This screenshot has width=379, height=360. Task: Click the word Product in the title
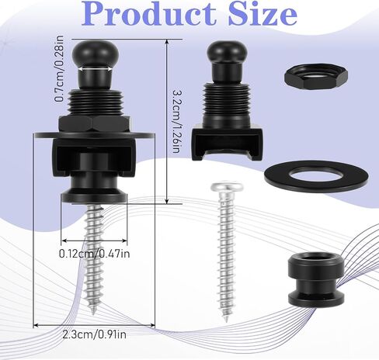[149, 13]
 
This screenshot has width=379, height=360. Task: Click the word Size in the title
[263, 13]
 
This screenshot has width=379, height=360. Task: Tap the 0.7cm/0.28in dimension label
[59, 68]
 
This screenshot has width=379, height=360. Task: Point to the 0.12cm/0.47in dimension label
[95, 254]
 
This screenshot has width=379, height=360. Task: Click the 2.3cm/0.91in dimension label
[95, 334]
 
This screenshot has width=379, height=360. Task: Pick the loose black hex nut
[316, 77]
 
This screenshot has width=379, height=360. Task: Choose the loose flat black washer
[316, 177]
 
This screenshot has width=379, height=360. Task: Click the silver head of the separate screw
[227, 187]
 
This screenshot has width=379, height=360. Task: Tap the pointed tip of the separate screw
[226, 320]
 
